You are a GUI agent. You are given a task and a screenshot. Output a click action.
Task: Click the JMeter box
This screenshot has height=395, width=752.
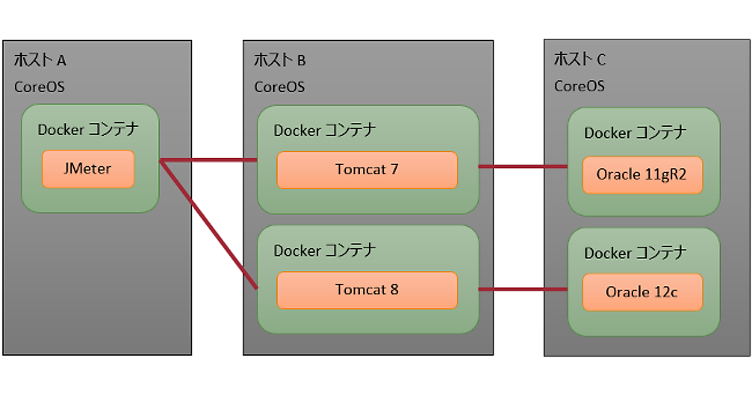[x=88, y=169]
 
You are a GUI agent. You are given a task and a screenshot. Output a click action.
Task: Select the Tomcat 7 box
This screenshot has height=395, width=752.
[x=367, y=169]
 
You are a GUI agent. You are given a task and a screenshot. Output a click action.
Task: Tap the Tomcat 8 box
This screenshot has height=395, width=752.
[x=367, y=290]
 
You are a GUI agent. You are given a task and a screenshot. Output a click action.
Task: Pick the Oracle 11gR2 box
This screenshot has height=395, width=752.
[x=641, y=174]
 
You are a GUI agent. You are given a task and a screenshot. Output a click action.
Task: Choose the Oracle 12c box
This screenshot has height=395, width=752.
[x=641, y=292]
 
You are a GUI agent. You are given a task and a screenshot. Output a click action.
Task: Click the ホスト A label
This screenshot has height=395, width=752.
[x=39, y=60]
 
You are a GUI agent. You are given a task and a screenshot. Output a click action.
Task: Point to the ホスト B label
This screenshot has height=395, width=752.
[x=279, y=60]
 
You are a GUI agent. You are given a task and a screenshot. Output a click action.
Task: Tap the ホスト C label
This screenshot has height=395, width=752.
[x=580, y=60]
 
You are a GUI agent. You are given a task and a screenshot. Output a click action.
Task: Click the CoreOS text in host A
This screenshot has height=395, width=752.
[x=39, y=87]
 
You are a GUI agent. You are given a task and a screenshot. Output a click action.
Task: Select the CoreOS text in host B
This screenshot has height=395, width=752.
[x=279, y=87]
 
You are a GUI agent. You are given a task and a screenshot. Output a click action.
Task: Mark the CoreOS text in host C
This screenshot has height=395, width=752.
[x=579, y=85]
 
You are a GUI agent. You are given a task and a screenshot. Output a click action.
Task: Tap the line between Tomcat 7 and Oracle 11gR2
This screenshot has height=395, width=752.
[x=523, y=167]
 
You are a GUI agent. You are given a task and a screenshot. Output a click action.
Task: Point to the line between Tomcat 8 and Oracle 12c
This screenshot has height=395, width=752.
[x=523, y=289]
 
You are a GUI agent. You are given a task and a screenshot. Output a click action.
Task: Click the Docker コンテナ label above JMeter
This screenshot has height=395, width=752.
[x=88, y=130]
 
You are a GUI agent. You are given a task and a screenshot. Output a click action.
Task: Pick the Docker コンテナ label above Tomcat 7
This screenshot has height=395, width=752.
[x=325, y=130]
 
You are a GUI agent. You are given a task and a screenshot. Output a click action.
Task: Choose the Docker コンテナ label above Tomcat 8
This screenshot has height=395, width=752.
[x=325, y=251]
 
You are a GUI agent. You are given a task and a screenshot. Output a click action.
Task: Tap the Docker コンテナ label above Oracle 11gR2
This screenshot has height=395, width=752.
[x=635, y=133]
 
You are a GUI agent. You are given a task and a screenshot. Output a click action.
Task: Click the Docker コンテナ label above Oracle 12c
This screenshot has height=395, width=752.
[x=635, y=253]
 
